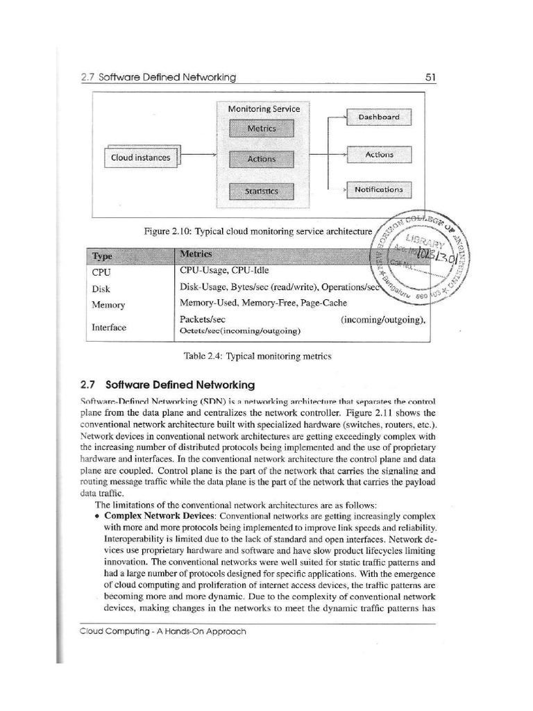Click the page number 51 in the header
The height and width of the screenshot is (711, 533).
click(x=430, y=77)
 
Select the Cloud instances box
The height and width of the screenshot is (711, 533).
click(x=141, y=158)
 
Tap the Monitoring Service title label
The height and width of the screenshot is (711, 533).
click(x=264, y=109)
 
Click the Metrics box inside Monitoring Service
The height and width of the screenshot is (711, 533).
click(x=262, y=129)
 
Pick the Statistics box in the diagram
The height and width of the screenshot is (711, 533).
click(x=262, y=191)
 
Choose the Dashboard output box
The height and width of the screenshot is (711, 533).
click(x=378, y=117)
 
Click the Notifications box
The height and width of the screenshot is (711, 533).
click(x=378, y=189)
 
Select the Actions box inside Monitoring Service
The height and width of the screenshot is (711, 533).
click(x=262, y=159)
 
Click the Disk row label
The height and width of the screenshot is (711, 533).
click(x=101, y=289)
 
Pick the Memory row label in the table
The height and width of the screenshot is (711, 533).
click(x=108, y=305)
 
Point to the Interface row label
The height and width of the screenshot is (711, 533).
click(x=109, y=327)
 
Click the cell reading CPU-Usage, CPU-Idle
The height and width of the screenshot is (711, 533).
click(x=223, y=270)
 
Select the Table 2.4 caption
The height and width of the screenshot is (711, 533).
click(x=257, y=356)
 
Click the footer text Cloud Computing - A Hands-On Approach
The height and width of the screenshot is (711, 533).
click(x=163, y=631)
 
